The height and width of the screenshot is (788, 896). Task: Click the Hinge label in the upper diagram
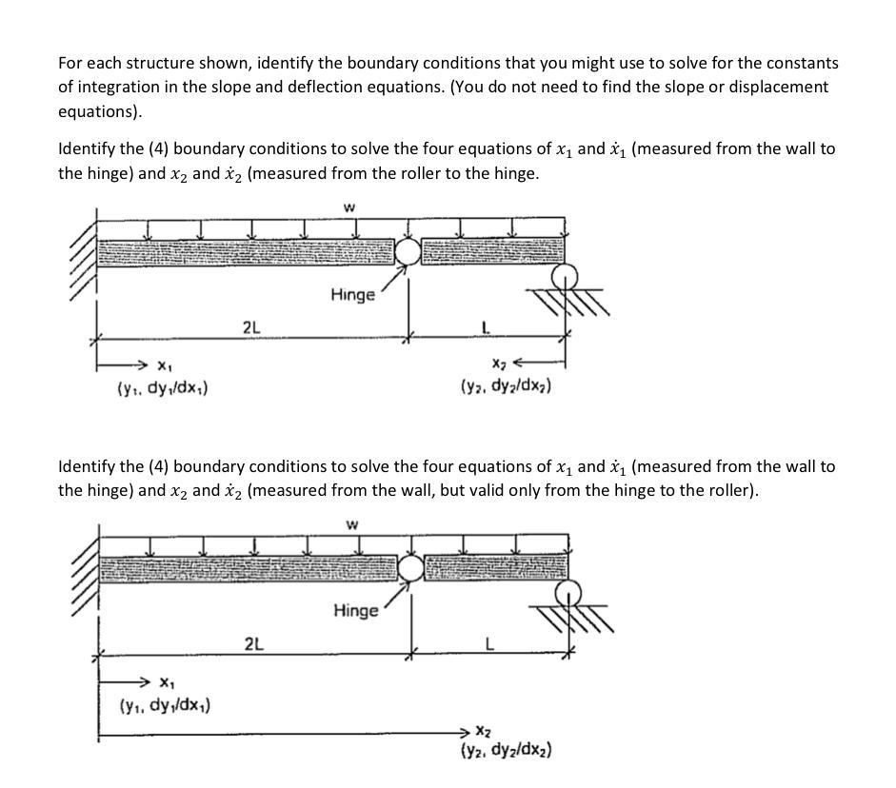[353, 295]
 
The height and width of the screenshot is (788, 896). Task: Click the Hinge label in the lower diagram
[355, 610]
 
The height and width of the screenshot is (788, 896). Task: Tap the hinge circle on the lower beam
[412, 567]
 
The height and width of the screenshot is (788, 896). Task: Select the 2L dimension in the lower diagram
[255, 643]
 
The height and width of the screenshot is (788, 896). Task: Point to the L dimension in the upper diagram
[486, 327]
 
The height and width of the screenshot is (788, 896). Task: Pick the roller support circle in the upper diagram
[566, 276]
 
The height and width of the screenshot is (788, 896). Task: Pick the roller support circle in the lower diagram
[569, 592]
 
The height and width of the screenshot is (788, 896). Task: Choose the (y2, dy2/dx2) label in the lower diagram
[506, 750]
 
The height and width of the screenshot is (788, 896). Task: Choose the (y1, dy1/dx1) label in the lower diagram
[166, 705]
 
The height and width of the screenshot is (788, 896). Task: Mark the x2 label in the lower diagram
[483, 731]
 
